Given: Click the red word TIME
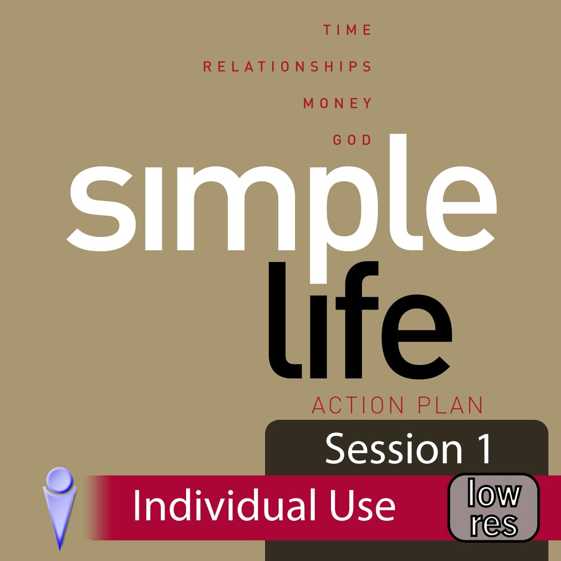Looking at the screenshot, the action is [347, 30].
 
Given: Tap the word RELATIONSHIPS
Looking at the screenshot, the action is [287, 67].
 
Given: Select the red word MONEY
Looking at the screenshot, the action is [338, 103].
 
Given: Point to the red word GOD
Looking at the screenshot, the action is [352, 140].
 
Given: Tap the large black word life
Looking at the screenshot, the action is [360, 320].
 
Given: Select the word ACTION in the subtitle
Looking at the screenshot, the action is [358, 405].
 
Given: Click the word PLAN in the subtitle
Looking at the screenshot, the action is [450, 405].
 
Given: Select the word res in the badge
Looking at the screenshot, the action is [494, 525].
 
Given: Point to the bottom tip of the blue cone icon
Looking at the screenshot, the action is [60, 550].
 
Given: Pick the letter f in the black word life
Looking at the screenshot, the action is [357, 320].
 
